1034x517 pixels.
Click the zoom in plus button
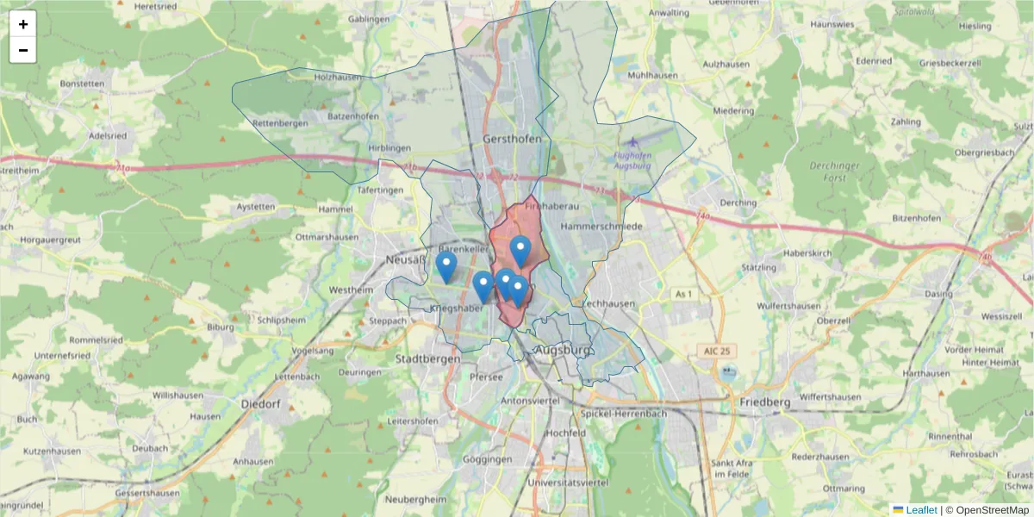click(23, 24)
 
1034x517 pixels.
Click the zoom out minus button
click(23, 50)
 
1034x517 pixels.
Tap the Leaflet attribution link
click(921, 510)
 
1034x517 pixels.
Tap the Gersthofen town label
click(513, 139)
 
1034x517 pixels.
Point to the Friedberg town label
click(765, 402)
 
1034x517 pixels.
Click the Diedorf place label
click(261, 403)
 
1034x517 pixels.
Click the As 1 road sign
click(683, 295)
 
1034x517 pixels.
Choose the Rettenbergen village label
click(280, 123)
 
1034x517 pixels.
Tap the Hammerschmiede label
click(601, 226)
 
